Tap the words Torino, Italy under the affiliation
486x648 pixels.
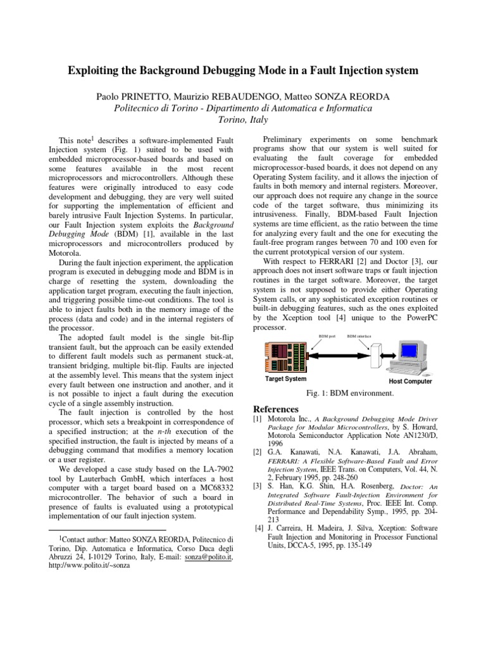[243, 120]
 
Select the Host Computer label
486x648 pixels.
[410, 382]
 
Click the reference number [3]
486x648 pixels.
[258, 486]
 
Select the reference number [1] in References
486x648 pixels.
[258, 420]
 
